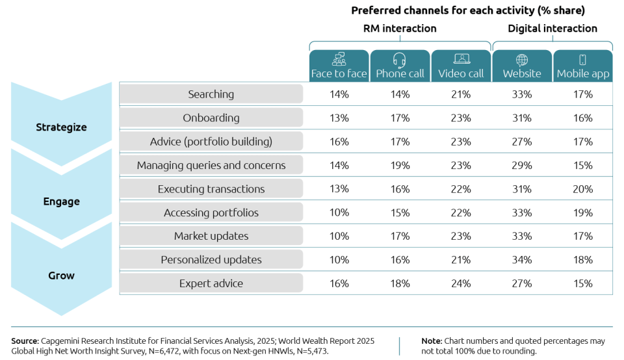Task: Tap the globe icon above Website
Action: (522, 60)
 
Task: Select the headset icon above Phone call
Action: (400, 60)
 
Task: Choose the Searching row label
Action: (211, 94)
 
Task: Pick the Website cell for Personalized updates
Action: (522, 260)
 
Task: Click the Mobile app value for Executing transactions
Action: (583, 189)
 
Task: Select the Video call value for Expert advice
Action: (461, 283)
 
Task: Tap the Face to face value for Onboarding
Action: (339, 118)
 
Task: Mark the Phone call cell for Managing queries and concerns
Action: (400, 166)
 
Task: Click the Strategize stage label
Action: (61, 127)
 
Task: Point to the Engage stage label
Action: (61, 201)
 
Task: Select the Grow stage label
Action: (61, 276)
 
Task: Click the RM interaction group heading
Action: (400, 29)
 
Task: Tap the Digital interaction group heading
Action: (552, 29)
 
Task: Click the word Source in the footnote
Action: (25, 341)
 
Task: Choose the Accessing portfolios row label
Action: (211, 212)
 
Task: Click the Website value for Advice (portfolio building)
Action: (522, 142)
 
